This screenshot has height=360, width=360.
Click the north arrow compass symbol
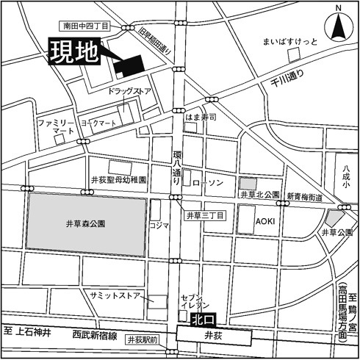[339, 27]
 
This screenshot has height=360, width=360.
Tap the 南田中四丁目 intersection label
[86, 26]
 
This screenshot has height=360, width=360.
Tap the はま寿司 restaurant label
[201, 118]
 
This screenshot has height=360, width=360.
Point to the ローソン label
[206, 179]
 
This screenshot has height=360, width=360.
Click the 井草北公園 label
[260, 195]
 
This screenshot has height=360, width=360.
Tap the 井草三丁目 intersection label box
[204, 215]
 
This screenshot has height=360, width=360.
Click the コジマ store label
[159, 226]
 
